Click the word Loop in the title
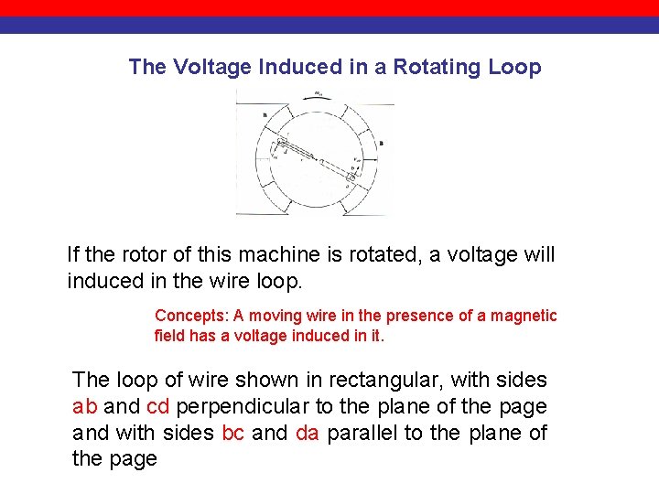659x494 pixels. (515, 67)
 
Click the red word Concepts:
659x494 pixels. (191, 316)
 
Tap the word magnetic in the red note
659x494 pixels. (519, 316)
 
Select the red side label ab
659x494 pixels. (85, 406)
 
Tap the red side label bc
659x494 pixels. (233, 433)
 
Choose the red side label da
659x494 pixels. (308, 433)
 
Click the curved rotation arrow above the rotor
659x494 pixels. (317, 95)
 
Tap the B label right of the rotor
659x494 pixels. (381, 143)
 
